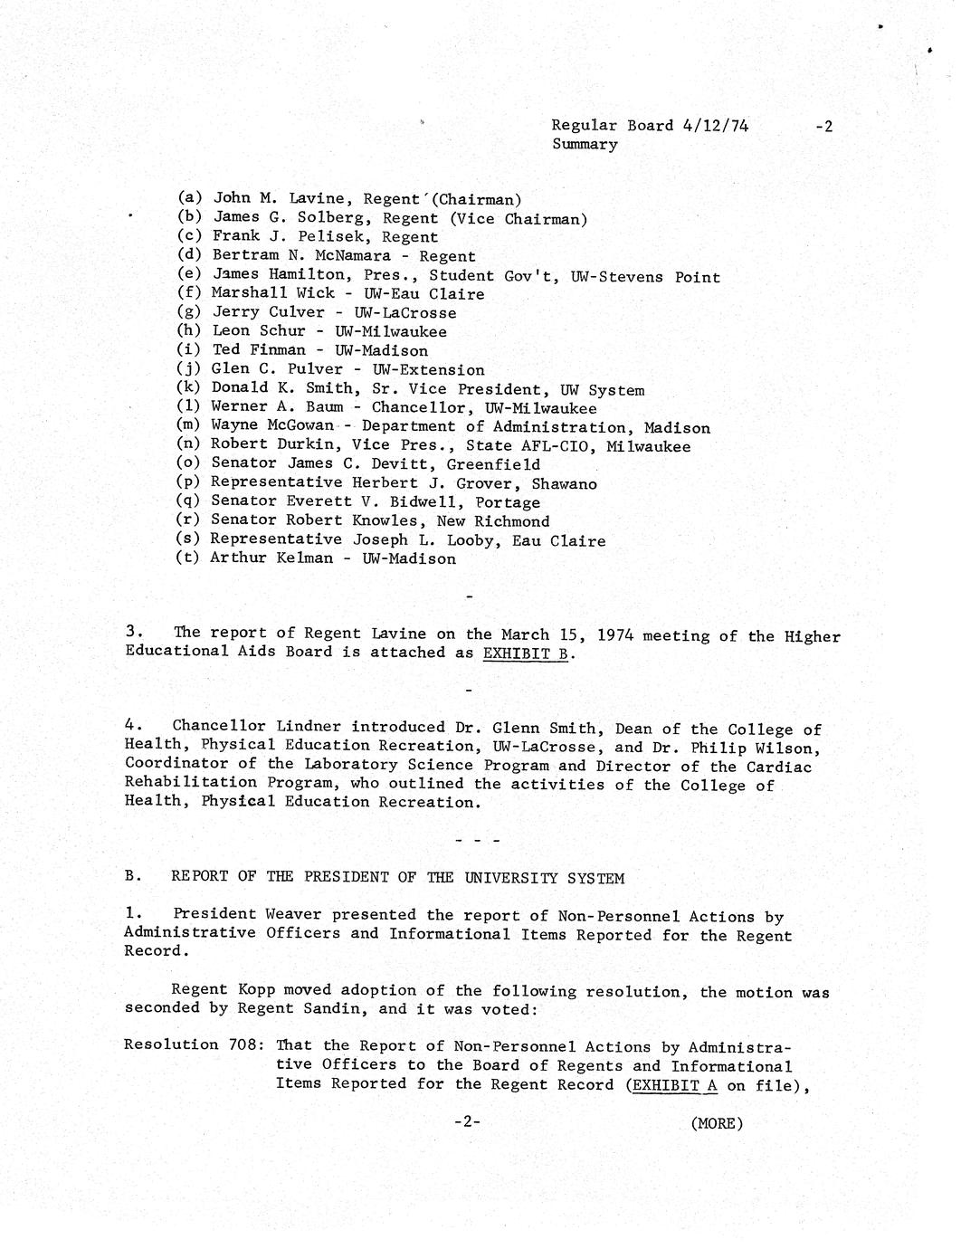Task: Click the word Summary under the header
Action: click(585, 145)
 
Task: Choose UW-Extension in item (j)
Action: click(428, 370)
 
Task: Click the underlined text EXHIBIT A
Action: click(668, 1084)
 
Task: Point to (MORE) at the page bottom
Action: click(716, 1123)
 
